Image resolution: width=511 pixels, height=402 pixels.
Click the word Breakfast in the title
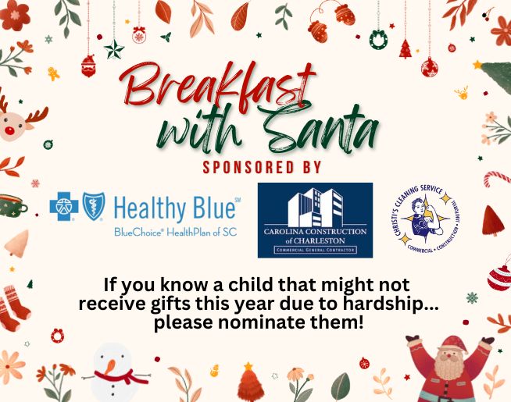[217, 86]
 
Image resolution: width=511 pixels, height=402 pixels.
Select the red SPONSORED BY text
[262, 167]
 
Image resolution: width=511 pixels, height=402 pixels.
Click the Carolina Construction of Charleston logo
[315, 220]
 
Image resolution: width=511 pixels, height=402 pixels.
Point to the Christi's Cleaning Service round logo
[425, 219]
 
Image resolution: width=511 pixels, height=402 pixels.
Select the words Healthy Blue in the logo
[173, 209]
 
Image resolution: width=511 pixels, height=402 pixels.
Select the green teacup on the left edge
[11, 205]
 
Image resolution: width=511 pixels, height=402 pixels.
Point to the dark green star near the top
[115, 49]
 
